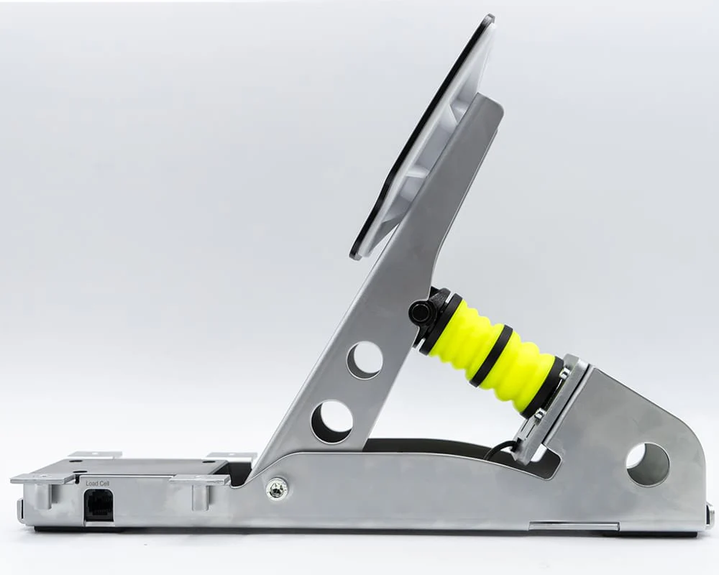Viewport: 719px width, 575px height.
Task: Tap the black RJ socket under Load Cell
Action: [98, 505]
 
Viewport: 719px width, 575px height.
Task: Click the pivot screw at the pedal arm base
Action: [277, 489]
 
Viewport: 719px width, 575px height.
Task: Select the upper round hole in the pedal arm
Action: [365, 359]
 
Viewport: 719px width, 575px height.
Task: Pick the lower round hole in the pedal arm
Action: [331, 421]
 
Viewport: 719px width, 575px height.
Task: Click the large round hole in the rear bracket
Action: [647, 464]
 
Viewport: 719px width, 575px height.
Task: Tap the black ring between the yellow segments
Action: [490, 356]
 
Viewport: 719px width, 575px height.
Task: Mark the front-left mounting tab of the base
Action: [43, 478]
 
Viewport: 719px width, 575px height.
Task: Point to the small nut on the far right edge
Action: [710, 514]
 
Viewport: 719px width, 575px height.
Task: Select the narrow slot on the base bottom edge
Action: [564, 526]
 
